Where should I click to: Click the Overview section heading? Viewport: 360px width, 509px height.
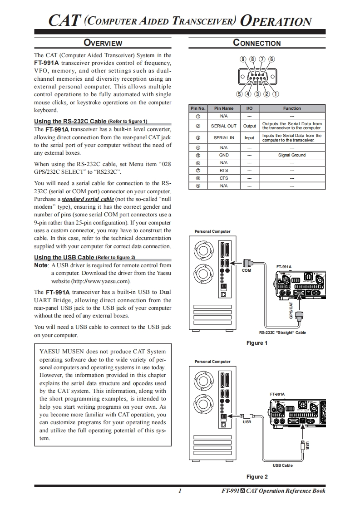tap(103, 43)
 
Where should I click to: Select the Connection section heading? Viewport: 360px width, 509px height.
tap(256, 43)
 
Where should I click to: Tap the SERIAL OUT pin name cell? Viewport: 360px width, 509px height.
tap(224, 126)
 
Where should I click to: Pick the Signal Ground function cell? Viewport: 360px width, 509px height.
tap(292, 155)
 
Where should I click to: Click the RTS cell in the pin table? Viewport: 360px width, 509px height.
tap(224, 171)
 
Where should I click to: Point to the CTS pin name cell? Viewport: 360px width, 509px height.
tap(224, 178)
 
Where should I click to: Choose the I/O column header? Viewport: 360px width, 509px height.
tap(249, 108)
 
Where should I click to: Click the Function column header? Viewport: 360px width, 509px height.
tap(292, 108)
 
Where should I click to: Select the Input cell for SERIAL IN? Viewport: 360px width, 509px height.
tap(249, 138)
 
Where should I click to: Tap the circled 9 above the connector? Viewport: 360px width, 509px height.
tap(243, 59)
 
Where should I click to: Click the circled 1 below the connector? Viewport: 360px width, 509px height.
tap(275, 94)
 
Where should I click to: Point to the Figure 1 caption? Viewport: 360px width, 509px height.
tap(257, 343)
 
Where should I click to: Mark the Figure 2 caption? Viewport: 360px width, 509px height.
tap(257, 477)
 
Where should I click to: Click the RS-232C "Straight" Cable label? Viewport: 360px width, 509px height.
tap(282, 333)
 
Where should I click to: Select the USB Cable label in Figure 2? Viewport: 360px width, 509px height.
tap(282, 465)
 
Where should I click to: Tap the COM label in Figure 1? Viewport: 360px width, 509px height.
tap(246, 270)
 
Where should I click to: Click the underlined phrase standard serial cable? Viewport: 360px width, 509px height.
tap(88, 199)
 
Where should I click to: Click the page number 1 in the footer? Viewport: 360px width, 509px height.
tap(180, 491)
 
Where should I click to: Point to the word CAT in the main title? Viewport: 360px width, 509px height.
tap(65, 21)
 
